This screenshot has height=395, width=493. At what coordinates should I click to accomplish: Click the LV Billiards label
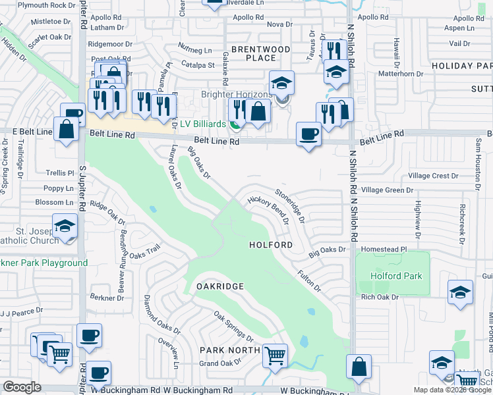[205, 124]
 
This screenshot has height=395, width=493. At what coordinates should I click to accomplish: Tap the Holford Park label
[395, 276]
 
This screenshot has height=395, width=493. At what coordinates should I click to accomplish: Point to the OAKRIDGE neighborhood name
[220, 286]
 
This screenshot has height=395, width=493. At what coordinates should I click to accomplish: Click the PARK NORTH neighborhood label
[230, 350]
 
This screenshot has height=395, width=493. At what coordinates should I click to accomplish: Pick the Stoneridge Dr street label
[290, 205]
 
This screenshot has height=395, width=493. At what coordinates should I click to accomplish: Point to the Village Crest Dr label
[433, 176]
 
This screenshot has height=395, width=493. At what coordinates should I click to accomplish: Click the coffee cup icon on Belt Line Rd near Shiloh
[308, 134]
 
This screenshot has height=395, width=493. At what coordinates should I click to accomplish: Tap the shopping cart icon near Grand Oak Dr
[275, 355]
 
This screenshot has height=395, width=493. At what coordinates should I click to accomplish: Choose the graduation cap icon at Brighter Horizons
[281, 83]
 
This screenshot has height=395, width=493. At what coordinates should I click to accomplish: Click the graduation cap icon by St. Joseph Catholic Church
[65, 226]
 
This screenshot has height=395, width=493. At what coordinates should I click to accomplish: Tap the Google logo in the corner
[22, 387]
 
